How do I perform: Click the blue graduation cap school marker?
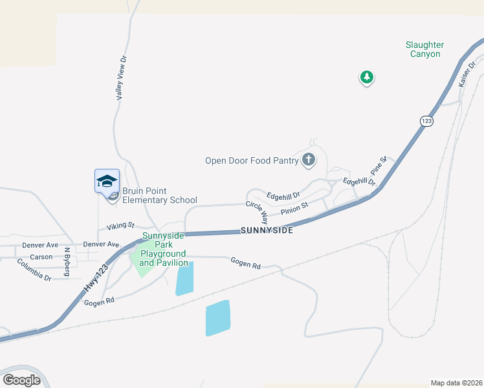point(107,181)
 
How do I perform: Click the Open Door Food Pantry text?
point(251,160)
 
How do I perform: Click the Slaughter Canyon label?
point(424,49)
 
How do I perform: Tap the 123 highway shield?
point(426,121)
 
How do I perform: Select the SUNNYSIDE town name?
point(267,230)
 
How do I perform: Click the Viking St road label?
point(120,226)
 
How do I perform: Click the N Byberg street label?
point(67,263)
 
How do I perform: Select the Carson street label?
point(41,257)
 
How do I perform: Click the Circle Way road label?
point(257,211)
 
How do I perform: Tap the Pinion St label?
point(294,208)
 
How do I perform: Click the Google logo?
point(22,380)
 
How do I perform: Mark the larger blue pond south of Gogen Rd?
point(217,318)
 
